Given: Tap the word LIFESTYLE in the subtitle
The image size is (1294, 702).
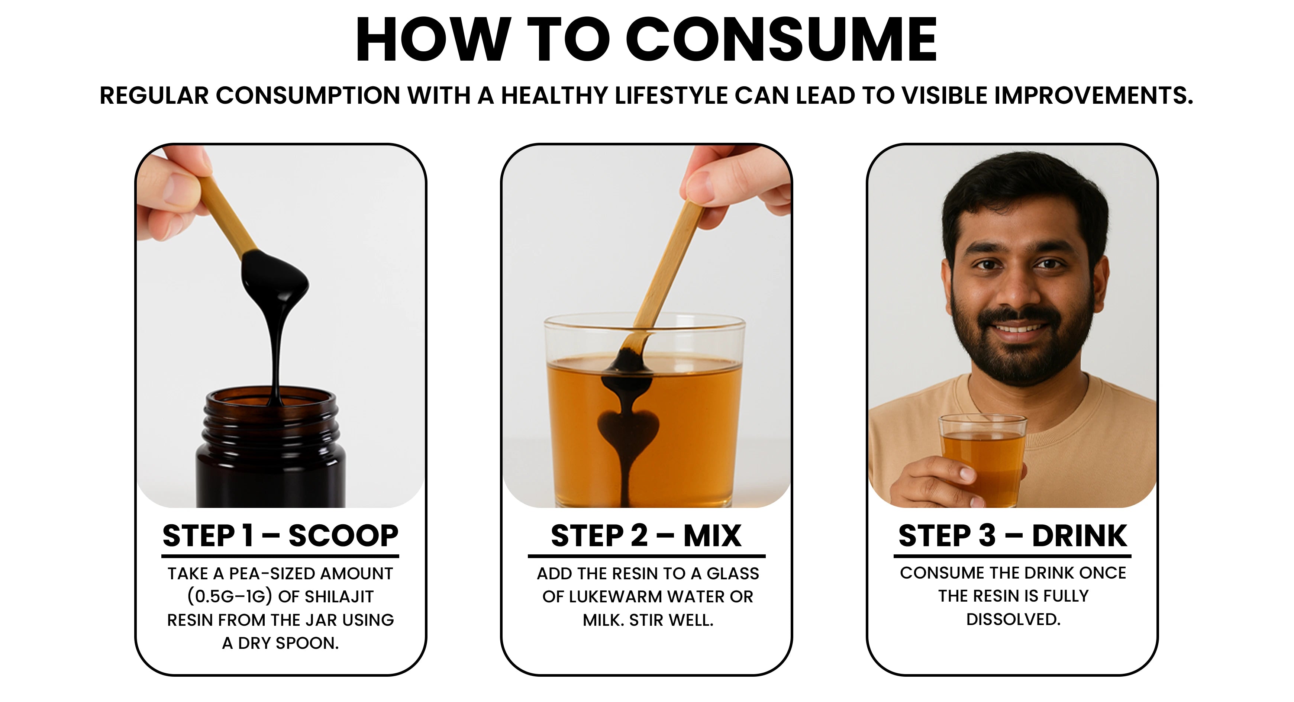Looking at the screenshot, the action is (x=671, y=96).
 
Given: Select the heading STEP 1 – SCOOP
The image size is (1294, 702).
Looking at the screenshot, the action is (x=280, y=536).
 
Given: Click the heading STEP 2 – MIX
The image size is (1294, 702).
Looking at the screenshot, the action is (x=646, y=536).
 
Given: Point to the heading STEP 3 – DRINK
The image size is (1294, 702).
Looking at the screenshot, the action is (x=1013, y=536).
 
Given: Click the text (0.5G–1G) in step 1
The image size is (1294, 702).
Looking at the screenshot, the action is (x=230, y=596).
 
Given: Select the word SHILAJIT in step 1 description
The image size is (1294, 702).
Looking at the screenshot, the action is (x=339, y=596).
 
